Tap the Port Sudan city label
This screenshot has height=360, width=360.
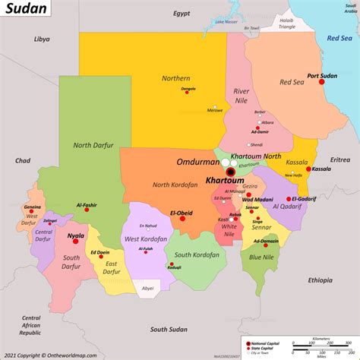pos(321,75)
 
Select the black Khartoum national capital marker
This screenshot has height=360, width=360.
pos(230,172)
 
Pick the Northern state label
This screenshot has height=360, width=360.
pos(175,77)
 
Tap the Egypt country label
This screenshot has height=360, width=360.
pos(181,14)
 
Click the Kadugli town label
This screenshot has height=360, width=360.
pos(174,267)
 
